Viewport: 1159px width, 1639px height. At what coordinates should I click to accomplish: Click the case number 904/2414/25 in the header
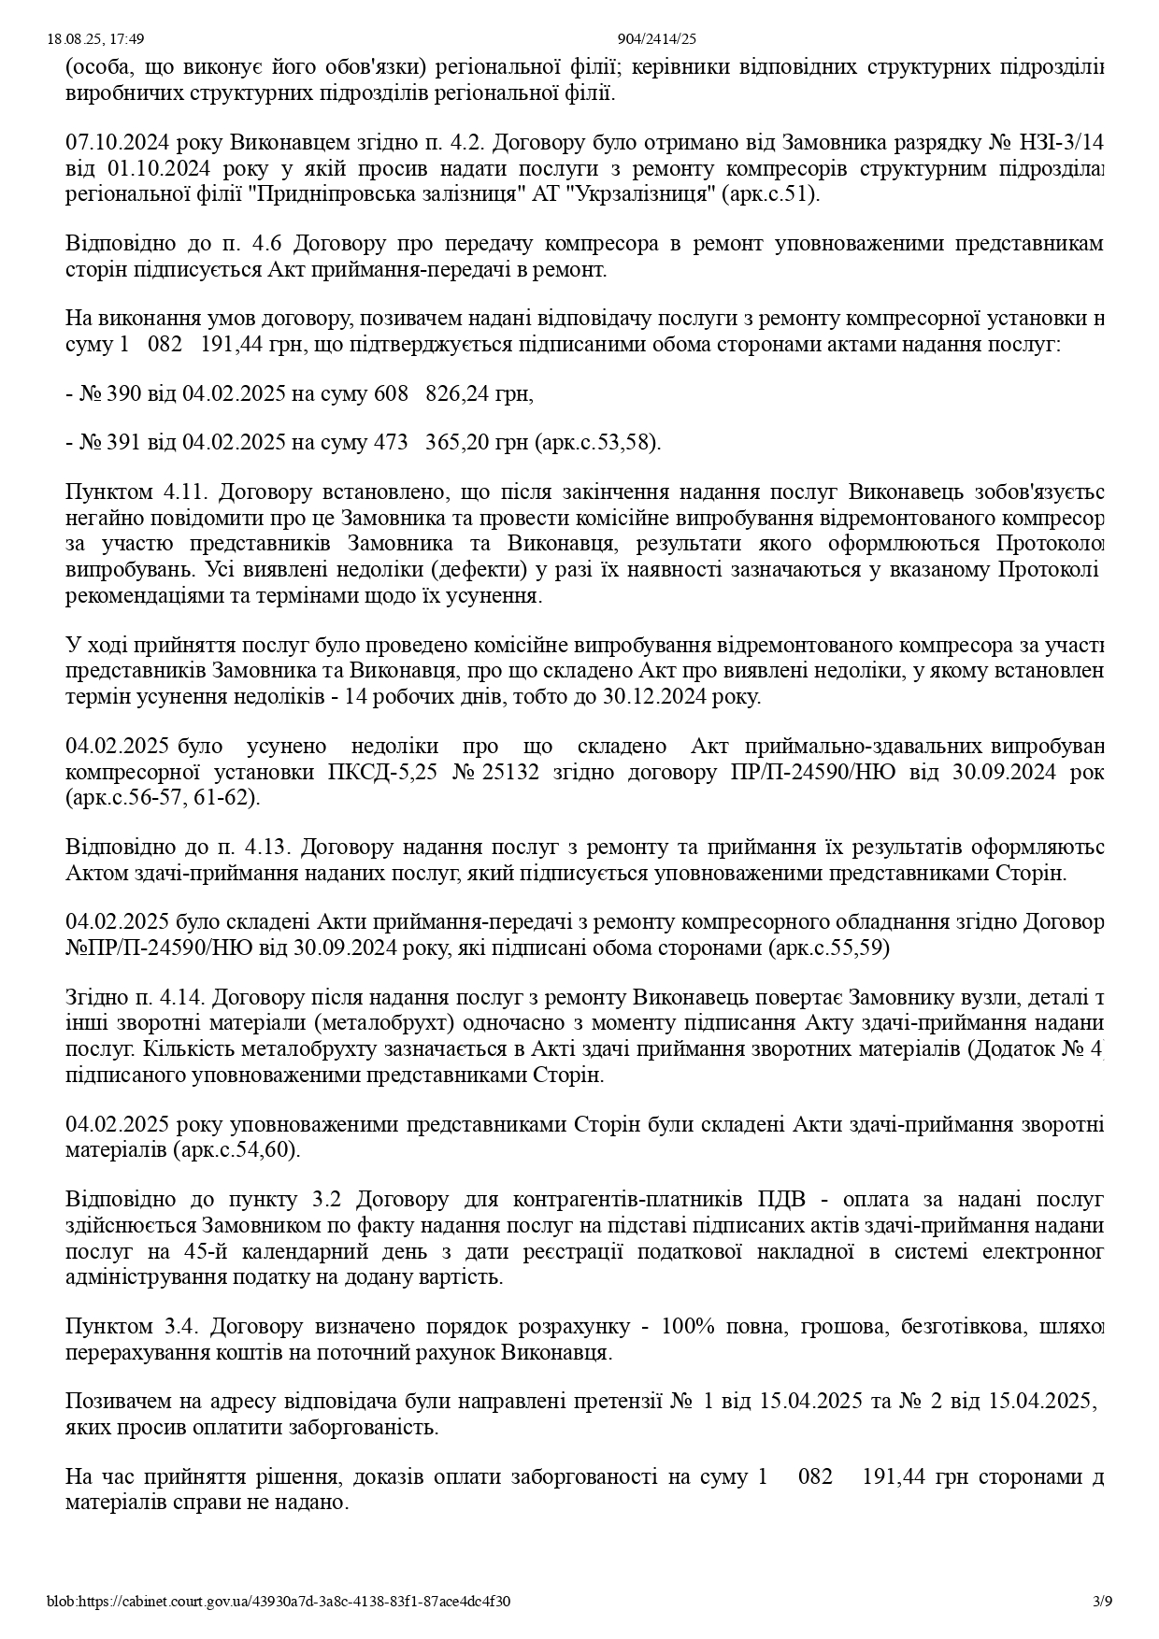pos(657,38)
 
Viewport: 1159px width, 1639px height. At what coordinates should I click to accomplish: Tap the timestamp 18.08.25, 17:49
pos(95,38)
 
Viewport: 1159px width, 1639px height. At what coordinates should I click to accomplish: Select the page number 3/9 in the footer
pos(1103,1601)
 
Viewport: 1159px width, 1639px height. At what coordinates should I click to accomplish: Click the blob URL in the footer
pos(279,1601)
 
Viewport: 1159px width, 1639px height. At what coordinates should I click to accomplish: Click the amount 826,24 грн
pos(479,393)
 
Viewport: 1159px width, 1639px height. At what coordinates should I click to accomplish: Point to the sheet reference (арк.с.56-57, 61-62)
pos(163,798)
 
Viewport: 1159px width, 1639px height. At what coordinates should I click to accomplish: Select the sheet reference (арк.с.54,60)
pos(236,1149)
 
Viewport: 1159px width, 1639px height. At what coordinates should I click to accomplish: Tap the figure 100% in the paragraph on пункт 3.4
pos(685,1326)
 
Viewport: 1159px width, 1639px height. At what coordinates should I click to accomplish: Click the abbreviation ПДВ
pos(780,1199)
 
